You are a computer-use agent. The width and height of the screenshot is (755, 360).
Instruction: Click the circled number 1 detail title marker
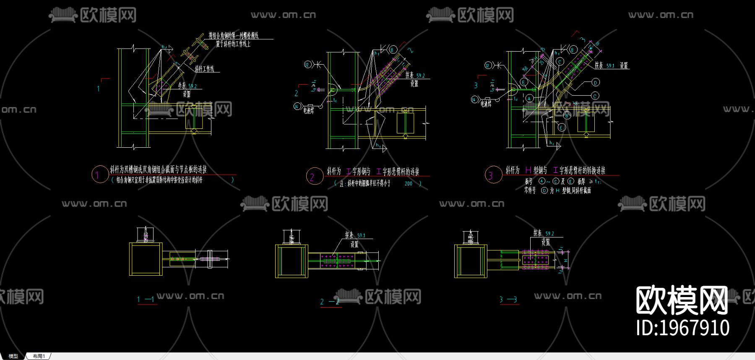tap(99, 175)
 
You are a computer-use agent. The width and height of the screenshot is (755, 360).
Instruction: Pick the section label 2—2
tap(329, 302)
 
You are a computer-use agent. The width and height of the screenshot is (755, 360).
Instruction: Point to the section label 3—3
tap(508, 300)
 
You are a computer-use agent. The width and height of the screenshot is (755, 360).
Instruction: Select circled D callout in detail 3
tap(596, 83)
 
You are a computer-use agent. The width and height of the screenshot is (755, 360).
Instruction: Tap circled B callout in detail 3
tap(567, 115)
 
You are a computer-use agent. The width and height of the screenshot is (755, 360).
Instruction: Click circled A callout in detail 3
tap(529, 99)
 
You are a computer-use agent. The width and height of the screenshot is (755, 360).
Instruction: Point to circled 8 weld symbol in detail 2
tap(392, 50)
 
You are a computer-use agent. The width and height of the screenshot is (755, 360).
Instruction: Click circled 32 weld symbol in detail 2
tap(307, 65)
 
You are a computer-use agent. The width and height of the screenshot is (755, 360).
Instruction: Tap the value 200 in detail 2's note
tap(408, 183)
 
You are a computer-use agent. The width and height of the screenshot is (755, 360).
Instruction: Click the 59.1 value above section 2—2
tap(361, 236)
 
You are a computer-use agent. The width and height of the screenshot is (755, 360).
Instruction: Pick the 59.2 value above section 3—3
tap(549, 234)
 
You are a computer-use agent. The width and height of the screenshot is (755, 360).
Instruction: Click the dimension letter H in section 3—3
tap(565, 261)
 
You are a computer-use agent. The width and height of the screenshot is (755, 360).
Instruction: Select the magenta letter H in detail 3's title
tap(528, 170)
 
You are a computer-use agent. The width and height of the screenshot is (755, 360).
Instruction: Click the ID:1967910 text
tap(682, 328)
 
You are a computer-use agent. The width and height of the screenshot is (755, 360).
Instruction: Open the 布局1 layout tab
tap(39, 356)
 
